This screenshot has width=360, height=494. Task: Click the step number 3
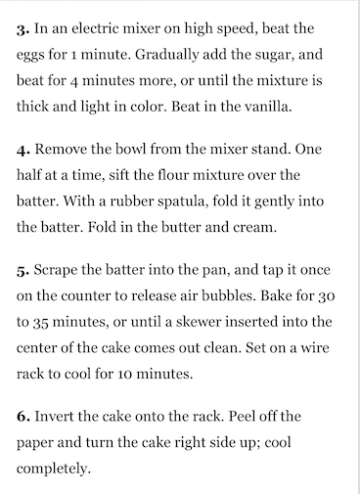[x=22, y=30]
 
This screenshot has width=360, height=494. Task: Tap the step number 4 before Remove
[x=23, y=151]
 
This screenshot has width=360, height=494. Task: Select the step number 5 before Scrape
[x=23, y=271]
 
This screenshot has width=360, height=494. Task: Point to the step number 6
[x=23, y=417]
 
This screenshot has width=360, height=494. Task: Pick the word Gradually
[x=166, y=56]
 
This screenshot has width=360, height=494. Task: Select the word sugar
[x=275, y=56]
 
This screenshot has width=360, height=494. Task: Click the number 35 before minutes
[x=41, y=323]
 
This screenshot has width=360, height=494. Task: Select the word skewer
[x=199, y=322]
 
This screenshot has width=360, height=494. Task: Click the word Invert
[x=54, y=417]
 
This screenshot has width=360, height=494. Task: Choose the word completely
[x=53, y=470]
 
